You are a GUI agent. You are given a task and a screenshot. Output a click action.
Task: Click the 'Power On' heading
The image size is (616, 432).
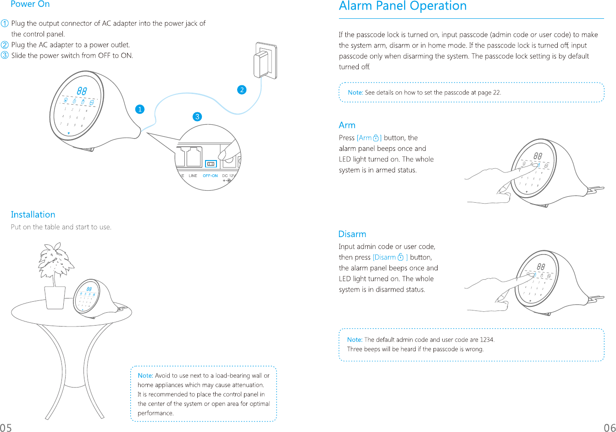(x=30, y=4)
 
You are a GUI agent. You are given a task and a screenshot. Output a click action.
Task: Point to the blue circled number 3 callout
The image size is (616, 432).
(x=197, y=116)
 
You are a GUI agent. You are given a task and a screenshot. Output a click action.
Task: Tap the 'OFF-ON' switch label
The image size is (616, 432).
(x=210, y=176)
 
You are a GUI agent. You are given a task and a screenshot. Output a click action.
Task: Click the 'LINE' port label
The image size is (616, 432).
(x=193, y=176)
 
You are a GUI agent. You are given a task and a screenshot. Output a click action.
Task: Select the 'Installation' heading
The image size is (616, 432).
(x=33, y=215)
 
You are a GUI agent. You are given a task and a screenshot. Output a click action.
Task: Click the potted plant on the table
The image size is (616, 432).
(x=56, y=275)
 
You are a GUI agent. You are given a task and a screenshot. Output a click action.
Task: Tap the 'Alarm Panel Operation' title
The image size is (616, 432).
(x=402, y=6)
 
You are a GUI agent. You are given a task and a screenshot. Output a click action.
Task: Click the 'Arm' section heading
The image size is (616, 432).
(x=347, y=125)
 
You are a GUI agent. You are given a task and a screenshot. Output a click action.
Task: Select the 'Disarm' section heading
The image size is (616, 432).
(x=352, y=234)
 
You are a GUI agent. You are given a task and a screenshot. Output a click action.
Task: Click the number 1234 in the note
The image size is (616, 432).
(x=487, y=340)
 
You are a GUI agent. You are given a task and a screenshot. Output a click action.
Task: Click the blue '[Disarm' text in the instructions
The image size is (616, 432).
(x=385, y=257)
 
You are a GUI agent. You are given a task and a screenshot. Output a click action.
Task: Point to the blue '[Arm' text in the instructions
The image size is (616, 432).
(x=365, y=138)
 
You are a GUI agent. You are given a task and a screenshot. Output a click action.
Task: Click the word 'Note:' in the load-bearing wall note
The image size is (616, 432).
(x=145, y=376)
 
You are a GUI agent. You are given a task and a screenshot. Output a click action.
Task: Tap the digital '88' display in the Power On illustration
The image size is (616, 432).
(x=83, y=91)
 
